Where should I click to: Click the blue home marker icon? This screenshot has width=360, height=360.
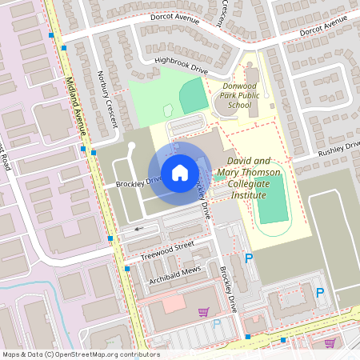point(179,173)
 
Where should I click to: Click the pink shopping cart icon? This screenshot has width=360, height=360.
point(203,312)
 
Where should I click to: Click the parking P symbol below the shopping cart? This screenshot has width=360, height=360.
point(217,325)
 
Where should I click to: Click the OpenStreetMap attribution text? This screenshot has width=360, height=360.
point(80,354)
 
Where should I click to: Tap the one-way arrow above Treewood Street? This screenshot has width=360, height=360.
point(142,229)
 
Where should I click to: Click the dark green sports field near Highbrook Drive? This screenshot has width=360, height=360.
point(193,96)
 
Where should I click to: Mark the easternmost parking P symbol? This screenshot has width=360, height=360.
point(320,293)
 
